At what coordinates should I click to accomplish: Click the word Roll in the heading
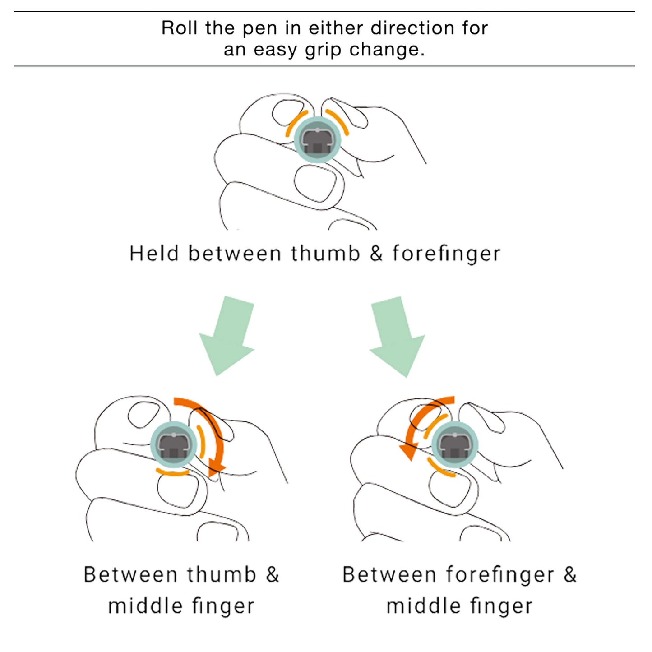(180, 28)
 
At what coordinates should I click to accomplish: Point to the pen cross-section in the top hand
(318, 140)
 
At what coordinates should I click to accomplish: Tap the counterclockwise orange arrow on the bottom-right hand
(417, 429)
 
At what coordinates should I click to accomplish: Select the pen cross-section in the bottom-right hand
(454, 444)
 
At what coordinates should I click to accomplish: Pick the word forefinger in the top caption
(446, 254)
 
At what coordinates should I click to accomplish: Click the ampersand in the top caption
(376, 254)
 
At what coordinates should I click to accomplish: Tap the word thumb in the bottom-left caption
(222, 575)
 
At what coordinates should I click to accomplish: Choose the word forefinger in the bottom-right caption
(500, 575)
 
